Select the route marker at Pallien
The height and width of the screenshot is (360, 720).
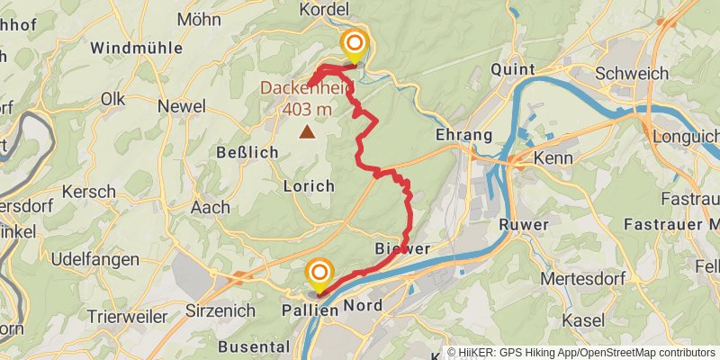(x=319, y=272)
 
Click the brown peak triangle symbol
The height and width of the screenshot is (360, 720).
(x=308, y=133)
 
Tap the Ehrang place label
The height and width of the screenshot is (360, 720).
(x=463, y=135)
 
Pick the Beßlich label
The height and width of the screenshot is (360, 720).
(x=247, y=152)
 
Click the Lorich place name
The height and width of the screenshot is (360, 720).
(x=309, y=185)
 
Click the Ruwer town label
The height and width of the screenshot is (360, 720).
(x=523, y=224)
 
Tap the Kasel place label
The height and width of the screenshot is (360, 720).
(x=582, y=320)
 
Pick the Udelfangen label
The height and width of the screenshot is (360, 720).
(x=94, y=259)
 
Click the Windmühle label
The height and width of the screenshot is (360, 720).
(x=137, y=47)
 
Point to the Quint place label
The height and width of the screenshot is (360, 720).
(x=514, y=69)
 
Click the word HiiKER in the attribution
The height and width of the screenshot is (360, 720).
(x=476, y=353)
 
